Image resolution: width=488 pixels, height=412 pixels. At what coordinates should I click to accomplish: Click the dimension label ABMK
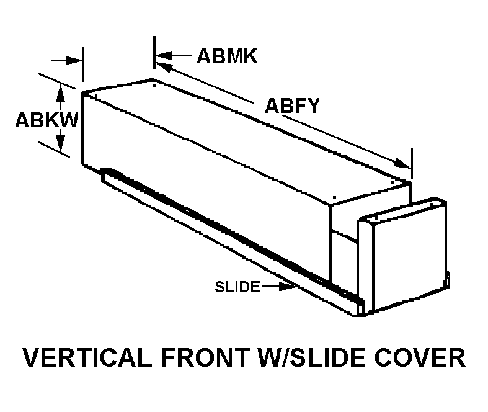click(226, 56)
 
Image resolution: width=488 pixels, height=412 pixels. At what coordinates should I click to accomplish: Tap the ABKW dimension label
click(47, 119)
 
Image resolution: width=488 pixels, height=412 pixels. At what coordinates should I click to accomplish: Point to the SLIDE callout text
click(237, 287)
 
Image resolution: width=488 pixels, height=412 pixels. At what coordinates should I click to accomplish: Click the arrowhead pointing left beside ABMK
click(162, 56)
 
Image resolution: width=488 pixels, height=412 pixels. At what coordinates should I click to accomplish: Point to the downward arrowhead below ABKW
click(61, 146)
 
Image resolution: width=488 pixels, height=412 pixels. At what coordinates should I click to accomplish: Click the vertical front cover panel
click(403, 254)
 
